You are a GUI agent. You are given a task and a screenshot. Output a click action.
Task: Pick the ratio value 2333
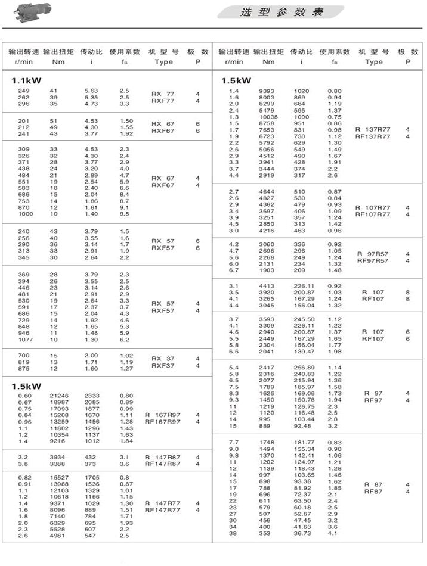click(92, 396)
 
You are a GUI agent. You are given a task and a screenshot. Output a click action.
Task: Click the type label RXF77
click(163, 101)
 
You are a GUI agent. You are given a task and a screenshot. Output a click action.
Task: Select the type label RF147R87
click(163, 464)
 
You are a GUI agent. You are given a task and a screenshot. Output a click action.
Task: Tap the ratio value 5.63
click(91, 91)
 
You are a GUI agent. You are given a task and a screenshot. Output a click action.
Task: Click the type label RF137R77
click(373, 136)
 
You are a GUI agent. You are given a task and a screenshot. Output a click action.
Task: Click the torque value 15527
click(59, 477)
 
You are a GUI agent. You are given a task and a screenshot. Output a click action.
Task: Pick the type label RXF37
click(163, 366)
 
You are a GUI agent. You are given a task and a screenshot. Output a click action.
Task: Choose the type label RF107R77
click(373, 214)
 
